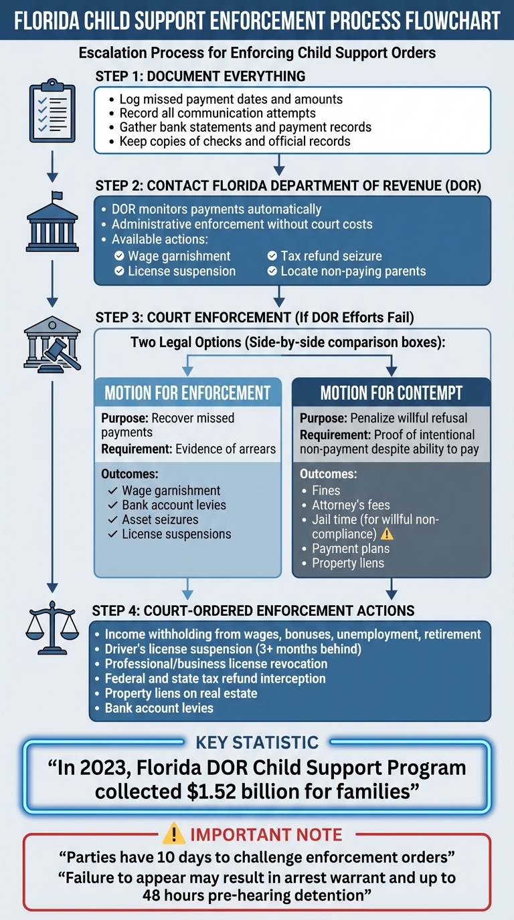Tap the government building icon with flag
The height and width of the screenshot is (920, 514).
tap(52, 223)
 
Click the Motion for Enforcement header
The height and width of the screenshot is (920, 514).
tap(187, 392)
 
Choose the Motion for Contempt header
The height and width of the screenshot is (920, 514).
tap(392, 392)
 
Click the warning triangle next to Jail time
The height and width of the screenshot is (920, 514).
tap(387, 534)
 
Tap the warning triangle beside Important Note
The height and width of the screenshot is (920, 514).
tap(174, 834)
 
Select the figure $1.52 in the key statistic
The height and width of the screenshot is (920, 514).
tap(213, 791)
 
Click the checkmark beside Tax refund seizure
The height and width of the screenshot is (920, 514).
tap(272, 256)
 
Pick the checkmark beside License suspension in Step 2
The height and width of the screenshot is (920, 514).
tap(119, 271)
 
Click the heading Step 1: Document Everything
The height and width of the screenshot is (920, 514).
tap(200, 76)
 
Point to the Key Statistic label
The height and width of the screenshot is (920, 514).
tap(257, 742)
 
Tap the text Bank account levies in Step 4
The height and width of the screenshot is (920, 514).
tap(159, 707)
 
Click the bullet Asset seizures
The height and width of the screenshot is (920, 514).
tap(160, 520)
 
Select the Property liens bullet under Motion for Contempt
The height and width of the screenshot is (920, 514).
tap(348, 563)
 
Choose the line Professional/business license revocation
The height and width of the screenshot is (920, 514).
tap(216, 663)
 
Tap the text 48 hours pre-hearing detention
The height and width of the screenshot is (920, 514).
tap(257, 895)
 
